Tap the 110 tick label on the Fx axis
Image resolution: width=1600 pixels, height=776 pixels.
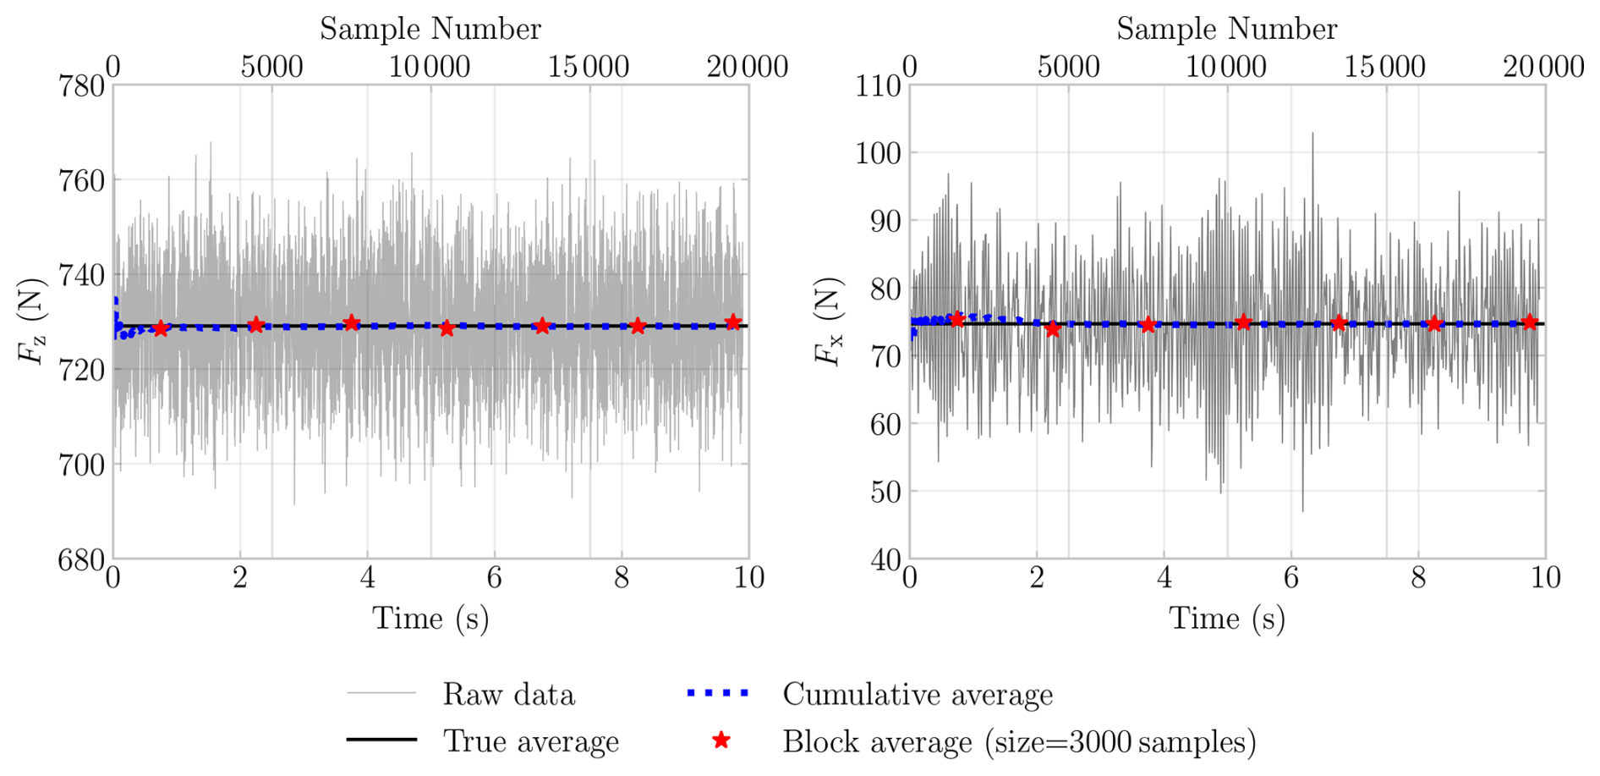(x=877, y=86)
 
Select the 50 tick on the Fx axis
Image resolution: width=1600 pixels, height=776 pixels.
(x=885, y=492)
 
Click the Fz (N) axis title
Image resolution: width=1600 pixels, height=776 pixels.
(x=32, y=322)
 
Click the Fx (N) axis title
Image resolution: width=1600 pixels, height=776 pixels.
(x=829, y=322)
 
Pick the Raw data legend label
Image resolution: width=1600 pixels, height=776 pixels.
(x=508, y=695)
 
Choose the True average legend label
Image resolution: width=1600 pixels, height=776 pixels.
(x=531, y=741)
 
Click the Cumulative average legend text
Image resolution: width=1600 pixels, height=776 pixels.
(x=918, y=695)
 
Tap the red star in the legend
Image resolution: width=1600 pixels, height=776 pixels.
(x=721, y=741)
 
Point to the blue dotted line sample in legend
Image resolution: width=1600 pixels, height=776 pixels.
(x=717, y=694)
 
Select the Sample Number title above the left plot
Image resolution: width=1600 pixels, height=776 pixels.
(x=430, y=29)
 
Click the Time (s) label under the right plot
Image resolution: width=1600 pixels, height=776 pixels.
(x=1227, y=619)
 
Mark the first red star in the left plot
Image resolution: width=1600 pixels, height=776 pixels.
(x=161, y=328)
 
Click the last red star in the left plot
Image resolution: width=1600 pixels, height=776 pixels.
(x=733, y=322)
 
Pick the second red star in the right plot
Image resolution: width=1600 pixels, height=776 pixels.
(x=1052, y=329)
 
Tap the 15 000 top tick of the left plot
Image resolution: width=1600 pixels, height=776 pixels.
(x=589, y=67)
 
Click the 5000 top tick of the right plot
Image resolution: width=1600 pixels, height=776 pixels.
(x=1068, y=67)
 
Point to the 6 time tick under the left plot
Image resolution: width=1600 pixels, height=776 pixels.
(x=494, y=578)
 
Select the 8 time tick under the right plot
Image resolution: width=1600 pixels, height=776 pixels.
(x=1418, y=578)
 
